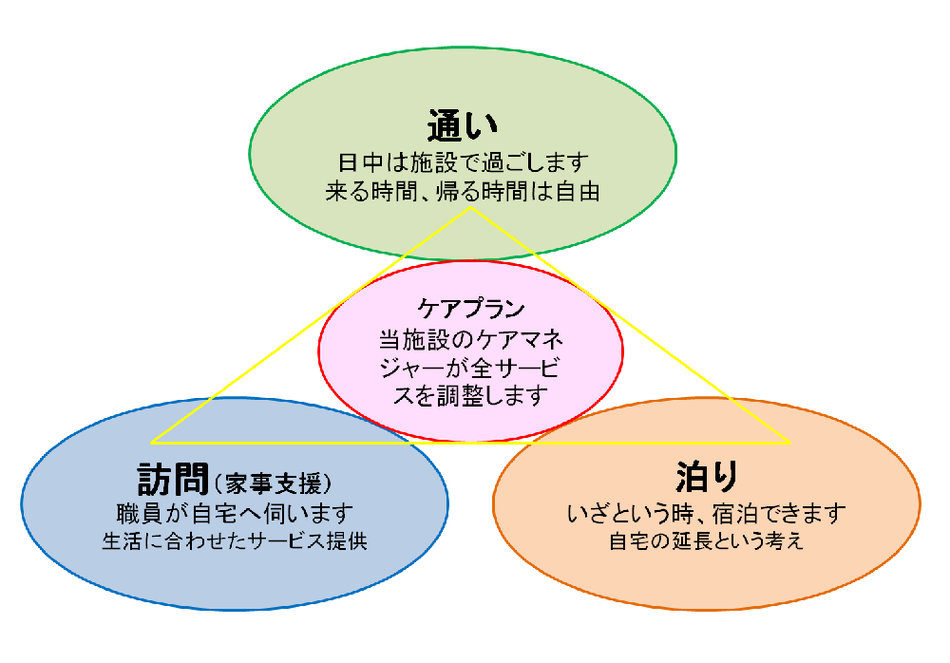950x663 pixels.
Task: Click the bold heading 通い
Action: [463, 125]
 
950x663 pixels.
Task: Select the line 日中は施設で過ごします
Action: [463, 162]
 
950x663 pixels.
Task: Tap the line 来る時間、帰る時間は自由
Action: [463, 192]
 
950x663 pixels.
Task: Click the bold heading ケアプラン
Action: [471, 309]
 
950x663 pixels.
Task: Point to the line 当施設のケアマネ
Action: [471, 339]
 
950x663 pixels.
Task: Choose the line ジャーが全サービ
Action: [469, 368]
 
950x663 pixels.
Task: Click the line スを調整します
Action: [471, 396]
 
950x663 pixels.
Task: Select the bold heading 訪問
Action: [173, 479]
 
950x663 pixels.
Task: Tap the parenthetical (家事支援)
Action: [273, 483]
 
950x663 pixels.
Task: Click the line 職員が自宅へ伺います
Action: [235, 513]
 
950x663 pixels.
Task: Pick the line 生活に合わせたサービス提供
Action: [235, 540]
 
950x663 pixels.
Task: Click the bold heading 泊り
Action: [707, 476]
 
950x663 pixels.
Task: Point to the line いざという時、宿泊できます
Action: [707, 513]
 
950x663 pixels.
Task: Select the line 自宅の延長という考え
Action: [707, 540]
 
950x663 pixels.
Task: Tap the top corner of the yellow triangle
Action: [471, 207]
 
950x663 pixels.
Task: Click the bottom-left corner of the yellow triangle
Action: [151, 443]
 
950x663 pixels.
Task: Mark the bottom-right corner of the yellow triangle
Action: [790, 443]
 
